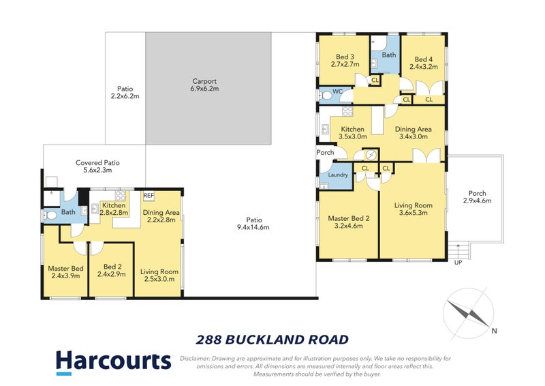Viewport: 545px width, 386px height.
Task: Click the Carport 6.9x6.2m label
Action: (x=204, y=85)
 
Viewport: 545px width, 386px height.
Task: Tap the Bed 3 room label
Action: (x=345, y=61)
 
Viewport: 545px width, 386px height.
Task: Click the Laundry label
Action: (x=338, y=175)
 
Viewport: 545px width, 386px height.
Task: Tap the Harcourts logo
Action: (x=112, y=361)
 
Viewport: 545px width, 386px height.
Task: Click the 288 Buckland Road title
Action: (x=272, y=339)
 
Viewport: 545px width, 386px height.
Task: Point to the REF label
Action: (x=149, y=196)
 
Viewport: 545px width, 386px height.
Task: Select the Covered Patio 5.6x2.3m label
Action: (x=97, y=167)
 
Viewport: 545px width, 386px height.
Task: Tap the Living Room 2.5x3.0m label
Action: (x=159, y=276)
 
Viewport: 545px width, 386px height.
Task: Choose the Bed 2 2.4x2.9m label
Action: (x=111, y=271)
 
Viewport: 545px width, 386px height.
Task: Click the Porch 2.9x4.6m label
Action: (x=477, y=196)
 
